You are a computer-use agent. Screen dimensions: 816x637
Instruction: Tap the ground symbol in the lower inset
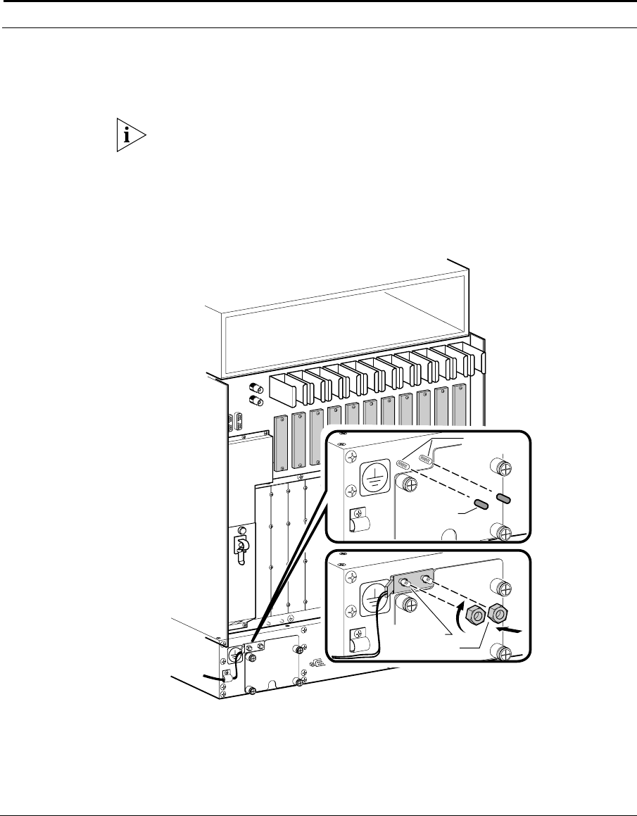tap(374, 603)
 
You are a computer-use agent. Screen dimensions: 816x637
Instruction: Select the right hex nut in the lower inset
tap(499, 613)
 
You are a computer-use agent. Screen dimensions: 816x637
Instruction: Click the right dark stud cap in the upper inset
tap(503, 498)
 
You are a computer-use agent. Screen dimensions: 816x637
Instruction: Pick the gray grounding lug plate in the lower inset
tap(412, 583)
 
